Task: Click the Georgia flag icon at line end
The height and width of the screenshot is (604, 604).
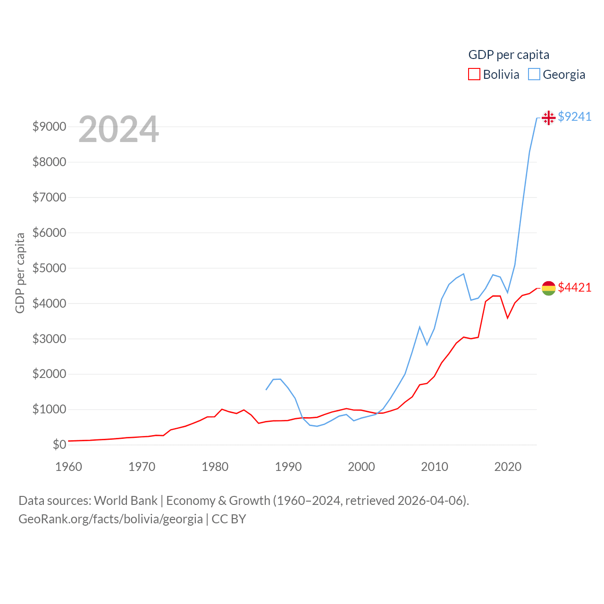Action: tap(548, 117)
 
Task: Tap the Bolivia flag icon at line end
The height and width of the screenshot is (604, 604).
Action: tap(548, 288)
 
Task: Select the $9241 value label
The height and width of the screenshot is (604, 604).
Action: tap(574, 117)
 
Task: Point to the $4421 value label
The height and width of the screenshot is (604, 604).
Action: tap(574, 287)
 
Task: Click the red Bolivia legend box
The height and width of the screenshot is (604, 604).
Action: tap(474, 75)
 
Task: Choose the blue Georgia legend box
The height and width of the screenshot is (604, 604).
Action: tap(534, 75)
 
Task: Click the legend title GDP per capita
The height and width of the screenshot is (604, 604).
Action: tap(509, 55)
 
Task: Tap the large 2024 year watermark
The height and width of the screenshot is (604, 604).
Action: tap(118, 129)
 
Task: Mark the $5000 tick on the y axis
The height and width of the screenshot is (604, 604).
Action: tap(49, 268)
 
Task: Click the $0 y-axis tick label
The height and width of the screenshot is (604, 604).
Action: tap(59, 445)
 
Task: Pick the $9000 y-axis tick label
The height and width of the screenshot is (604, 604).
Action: tap(49, 126)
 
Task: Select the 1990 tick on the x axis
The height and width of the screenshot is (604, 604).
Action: tap(288, 467)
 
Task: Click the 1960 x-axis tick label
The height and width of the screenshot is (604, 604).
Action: tap(69, 467)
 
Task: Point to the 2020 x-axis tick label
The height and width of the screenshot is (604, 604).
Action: tap(508, 467)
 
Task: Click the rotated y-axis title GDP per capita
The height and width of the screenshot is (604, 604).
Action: tap(20, 273)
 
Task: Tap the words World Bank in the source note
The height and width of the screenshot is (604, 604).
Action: tap(126, 500)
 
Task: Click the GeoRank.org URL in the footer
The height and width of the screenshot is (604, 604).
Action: tap(110, 519)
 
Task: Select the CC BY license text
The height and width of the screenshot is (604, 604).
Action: tap(229, 519)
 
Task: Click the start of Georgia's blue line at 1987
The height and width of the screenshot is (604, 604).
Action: tap(266, 390)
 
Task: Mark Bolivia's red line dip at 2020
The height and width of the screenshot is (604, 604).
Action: tap(508, 318)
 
